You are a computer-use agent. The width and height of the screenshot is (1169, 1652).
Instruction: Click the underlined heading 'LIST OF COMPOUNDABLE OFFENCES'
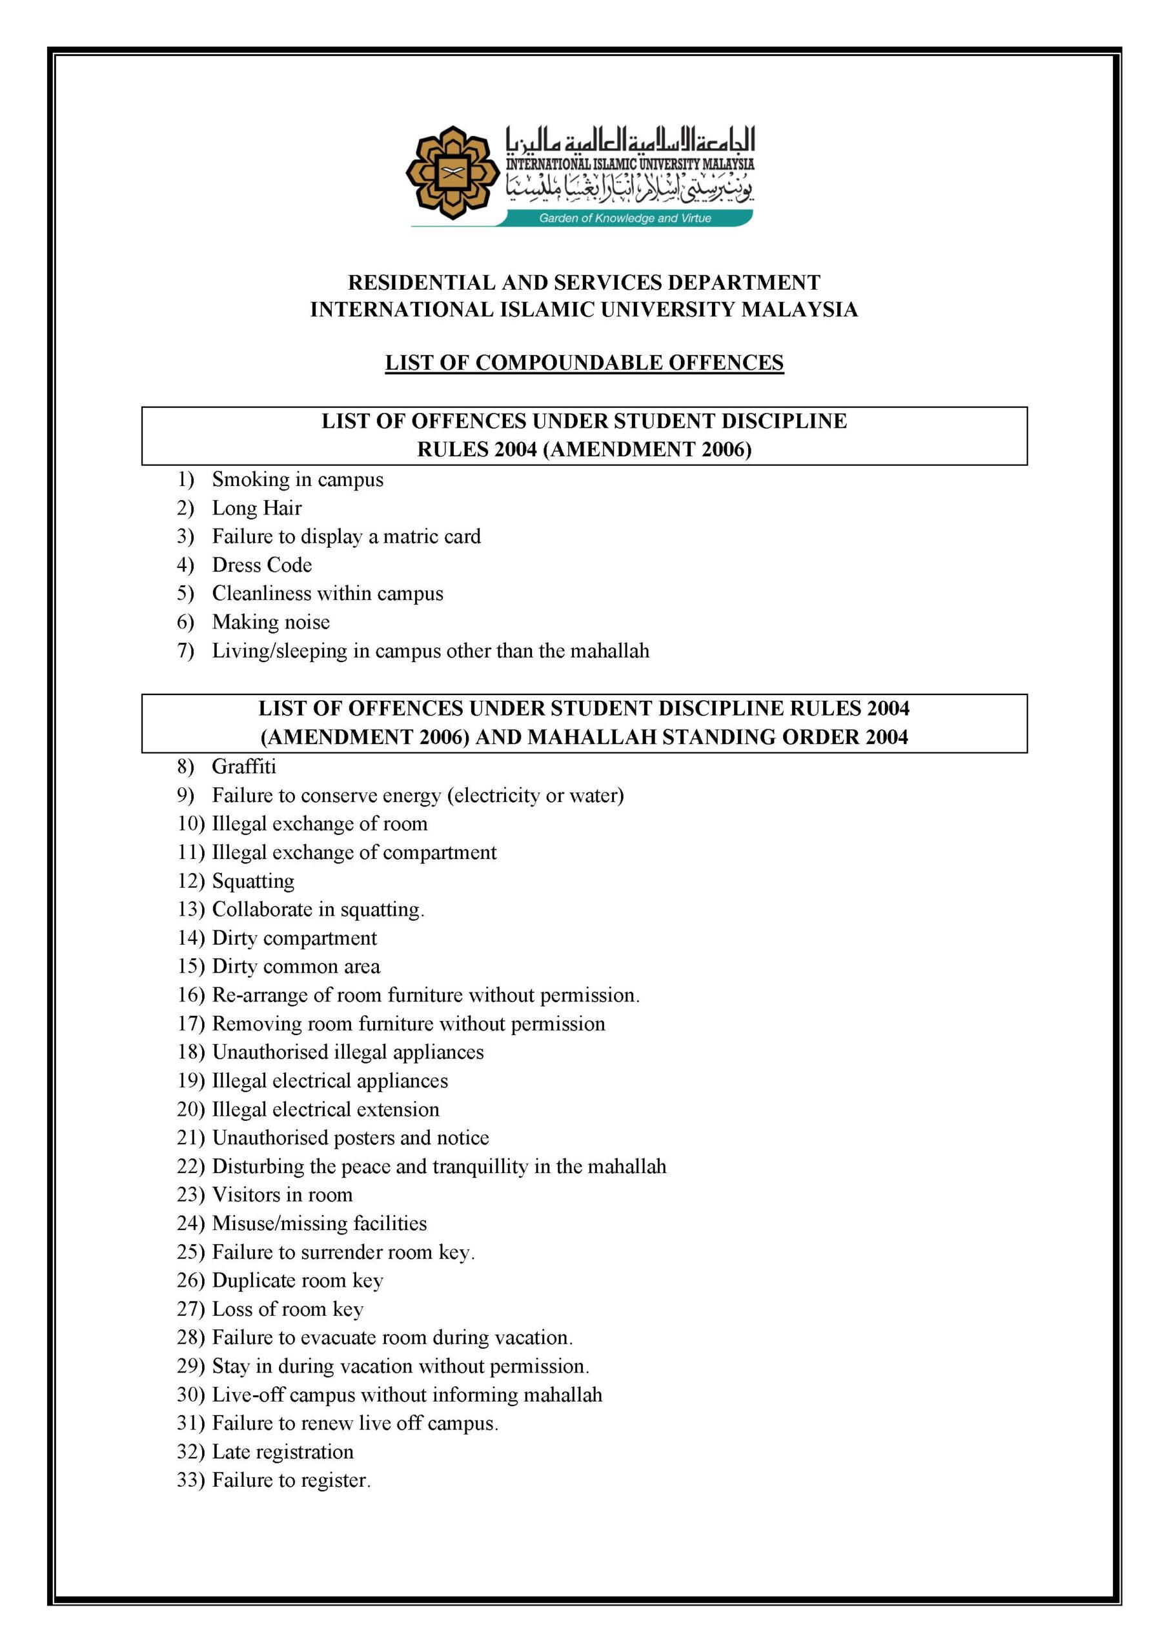point(584,363)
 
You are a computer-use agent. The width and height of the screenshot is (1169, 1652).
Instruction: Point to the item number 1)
point(186,479)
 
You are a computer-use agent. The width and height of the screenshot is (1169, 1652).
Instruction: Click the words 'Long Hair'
point(256,508)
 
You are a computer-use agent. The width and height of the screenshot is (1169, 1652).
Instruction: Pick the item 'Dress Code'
point(261,565)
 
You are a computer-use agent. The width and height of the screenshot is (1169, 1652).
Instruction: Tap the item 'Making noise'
point(270,621)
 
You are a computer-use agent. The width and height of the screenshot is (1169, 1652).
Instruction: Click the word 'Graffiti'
point(243,766)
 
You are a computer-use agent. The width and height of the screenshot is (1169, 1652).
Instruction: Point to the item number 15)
point(191,966)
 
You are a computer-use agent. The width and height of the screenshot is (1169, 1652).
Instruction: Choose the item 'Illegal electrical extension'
point(325,1109)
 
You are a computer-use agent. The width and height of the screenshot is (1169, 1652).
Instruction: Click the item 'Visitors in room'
point(282,1194)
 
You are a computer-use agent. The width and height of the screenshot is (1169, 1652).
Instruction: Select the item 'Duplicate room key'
point(298,1280)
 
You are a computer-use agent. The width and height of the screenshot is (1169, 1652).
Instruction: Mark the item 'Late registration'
point(282,1451)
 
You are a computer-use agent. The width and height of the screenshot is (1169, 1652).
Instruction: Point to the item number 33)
point(191,1480)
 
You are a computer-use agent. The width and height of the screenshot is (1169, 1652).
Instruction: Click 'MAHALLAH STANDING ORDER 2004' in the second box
point(720,737)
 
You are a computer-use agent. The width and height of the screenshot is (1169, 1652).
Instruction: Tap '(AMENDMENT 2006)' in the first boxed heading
point(647,449)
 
